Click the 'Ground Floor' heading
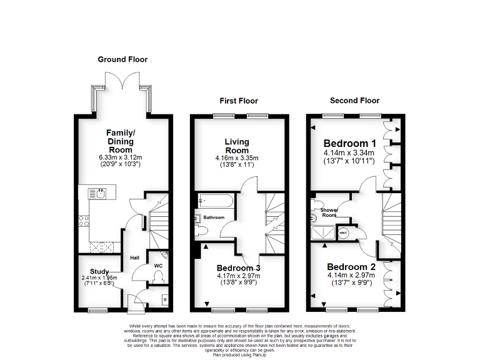(x=122, y=59)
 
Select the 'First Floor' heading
(x=238, y=101)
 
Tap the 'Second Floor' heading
(x=354, y=100)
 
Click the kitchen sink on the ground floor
(x=99, y=192)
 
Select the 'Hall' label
(x=134, y=257)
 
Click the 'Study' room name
(x=99, y=271)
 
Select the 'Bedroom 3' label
(x=238, y=267)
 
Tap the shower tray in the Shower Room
(x=322, y=233)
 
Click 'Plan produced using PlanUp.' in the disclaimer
(x=241, y=354)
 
